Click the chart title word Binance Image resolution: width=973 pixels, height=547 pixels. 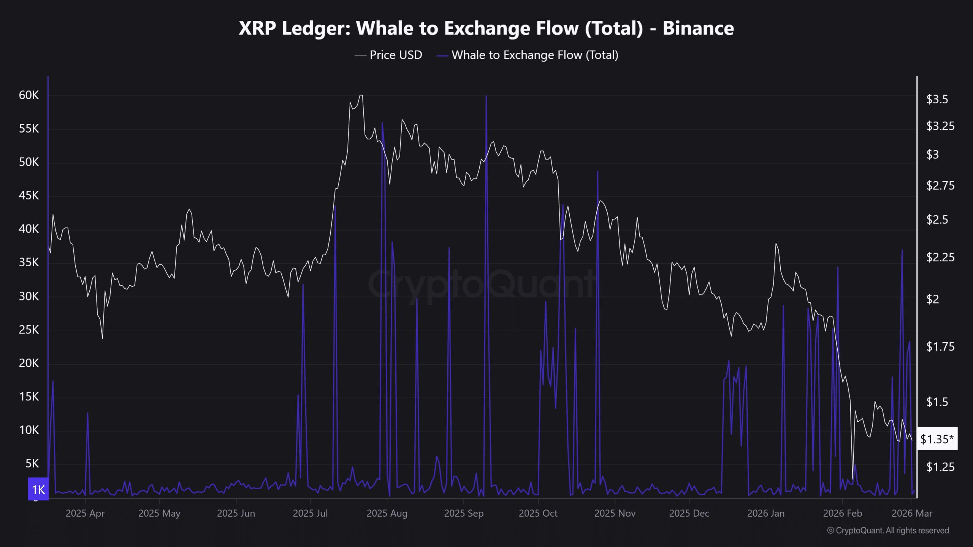698,28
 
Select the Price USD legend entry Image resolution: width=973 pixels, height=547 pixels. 388,55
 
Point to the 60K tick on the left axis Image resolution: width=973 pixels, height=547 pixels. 29,95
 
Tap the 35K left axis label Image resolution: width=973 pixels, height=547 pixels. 29,262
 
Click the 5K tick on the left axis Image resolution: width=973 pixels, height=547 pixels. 32,463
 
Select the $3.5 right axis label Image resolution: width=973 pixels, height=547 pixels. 937,100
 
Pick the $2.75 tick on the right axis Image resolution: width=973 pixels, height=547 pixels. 940,186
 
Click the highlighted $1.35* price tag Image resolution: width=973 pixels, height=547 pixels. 937,439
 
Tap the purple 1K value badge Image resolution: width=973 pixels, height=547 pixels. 38,489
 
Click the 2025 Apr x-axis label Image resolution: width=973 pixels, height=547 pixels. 85,514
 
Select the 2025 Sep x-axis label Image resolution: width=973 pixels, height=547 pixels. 464,514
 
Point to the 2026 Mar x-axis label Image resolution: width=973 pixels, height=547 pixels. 912,514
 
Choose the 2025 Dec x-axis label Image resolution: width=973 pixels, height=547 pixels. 689,514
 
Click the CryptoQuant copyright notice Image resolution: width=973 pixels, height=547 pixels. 888,530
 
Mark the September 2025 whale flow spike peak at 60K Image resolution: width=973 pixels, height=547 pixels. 486,96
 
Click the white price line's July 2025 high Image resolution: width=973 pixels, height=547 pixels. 361,95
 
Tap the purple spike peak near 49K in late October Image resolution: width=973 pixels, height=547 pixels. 597,171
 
